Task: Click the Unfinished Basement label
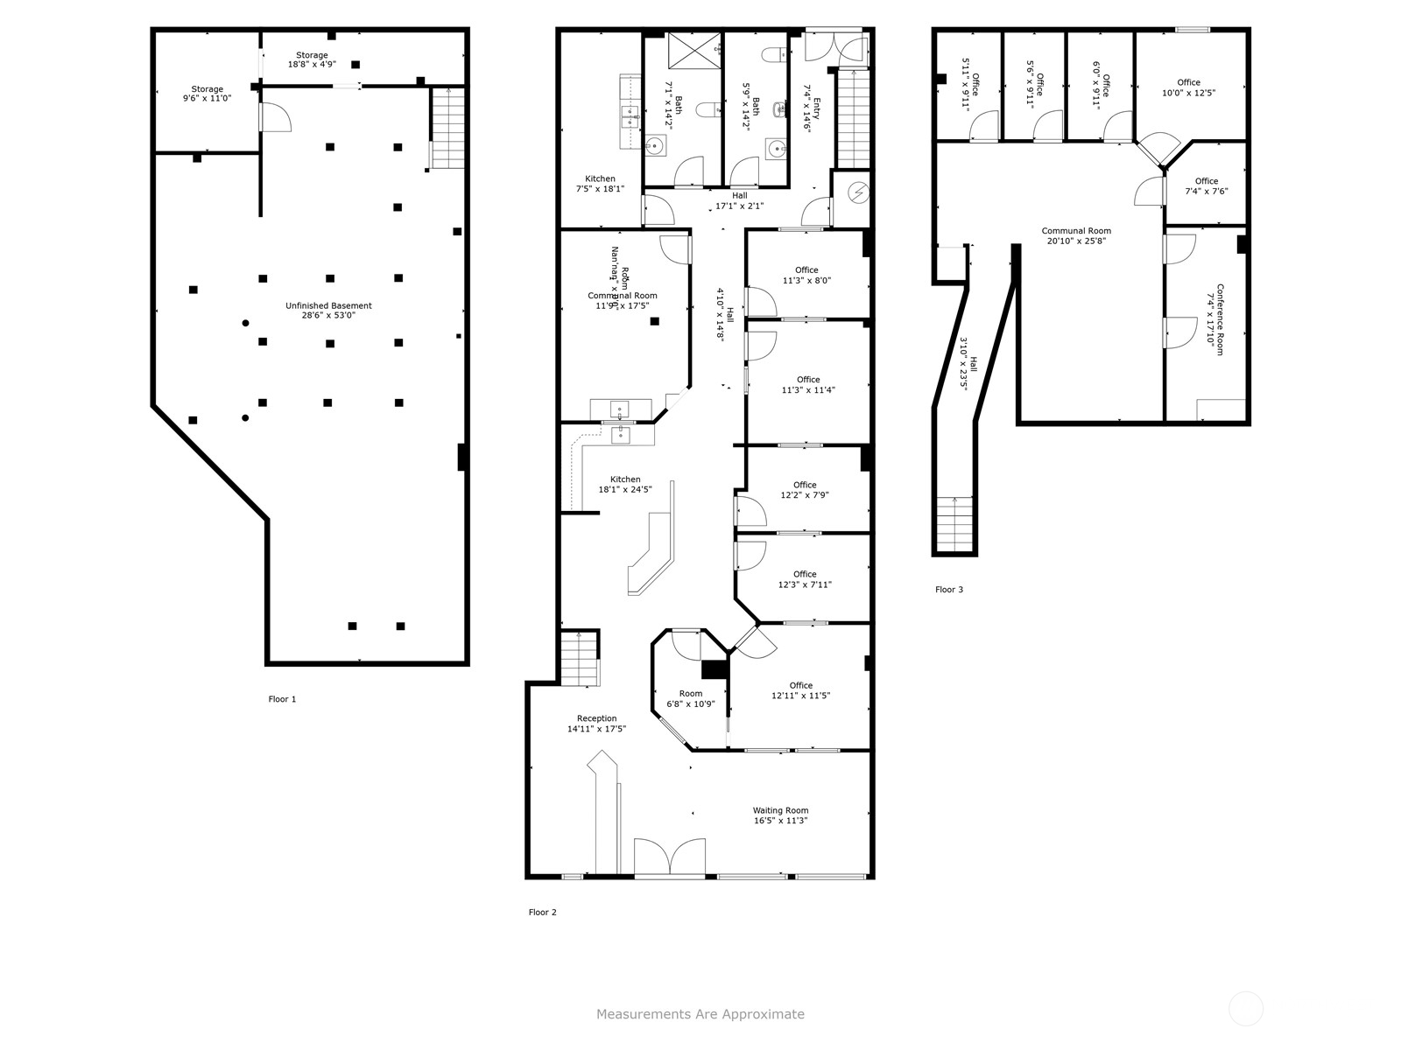328,310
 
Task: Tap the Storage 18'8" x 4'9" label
312,59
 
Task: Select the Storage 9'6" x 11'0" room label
208,94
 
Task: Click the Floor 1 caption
282,699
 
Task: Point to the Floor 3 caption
948,590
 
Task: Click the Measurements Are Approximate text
700,1014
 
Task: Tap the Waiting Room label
780,815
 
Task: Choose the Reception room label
596,724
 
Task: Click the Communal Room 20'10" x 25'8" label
1075,235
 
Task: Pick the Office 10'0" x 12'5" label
1188,87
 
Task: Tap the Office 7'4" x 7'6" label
1206,186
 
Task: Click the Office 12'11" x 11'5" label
800,690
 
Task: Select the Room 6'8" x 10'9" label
690,698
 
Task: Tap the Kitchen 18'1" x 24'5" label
625,484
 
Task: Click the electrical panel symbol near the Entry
859,191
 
